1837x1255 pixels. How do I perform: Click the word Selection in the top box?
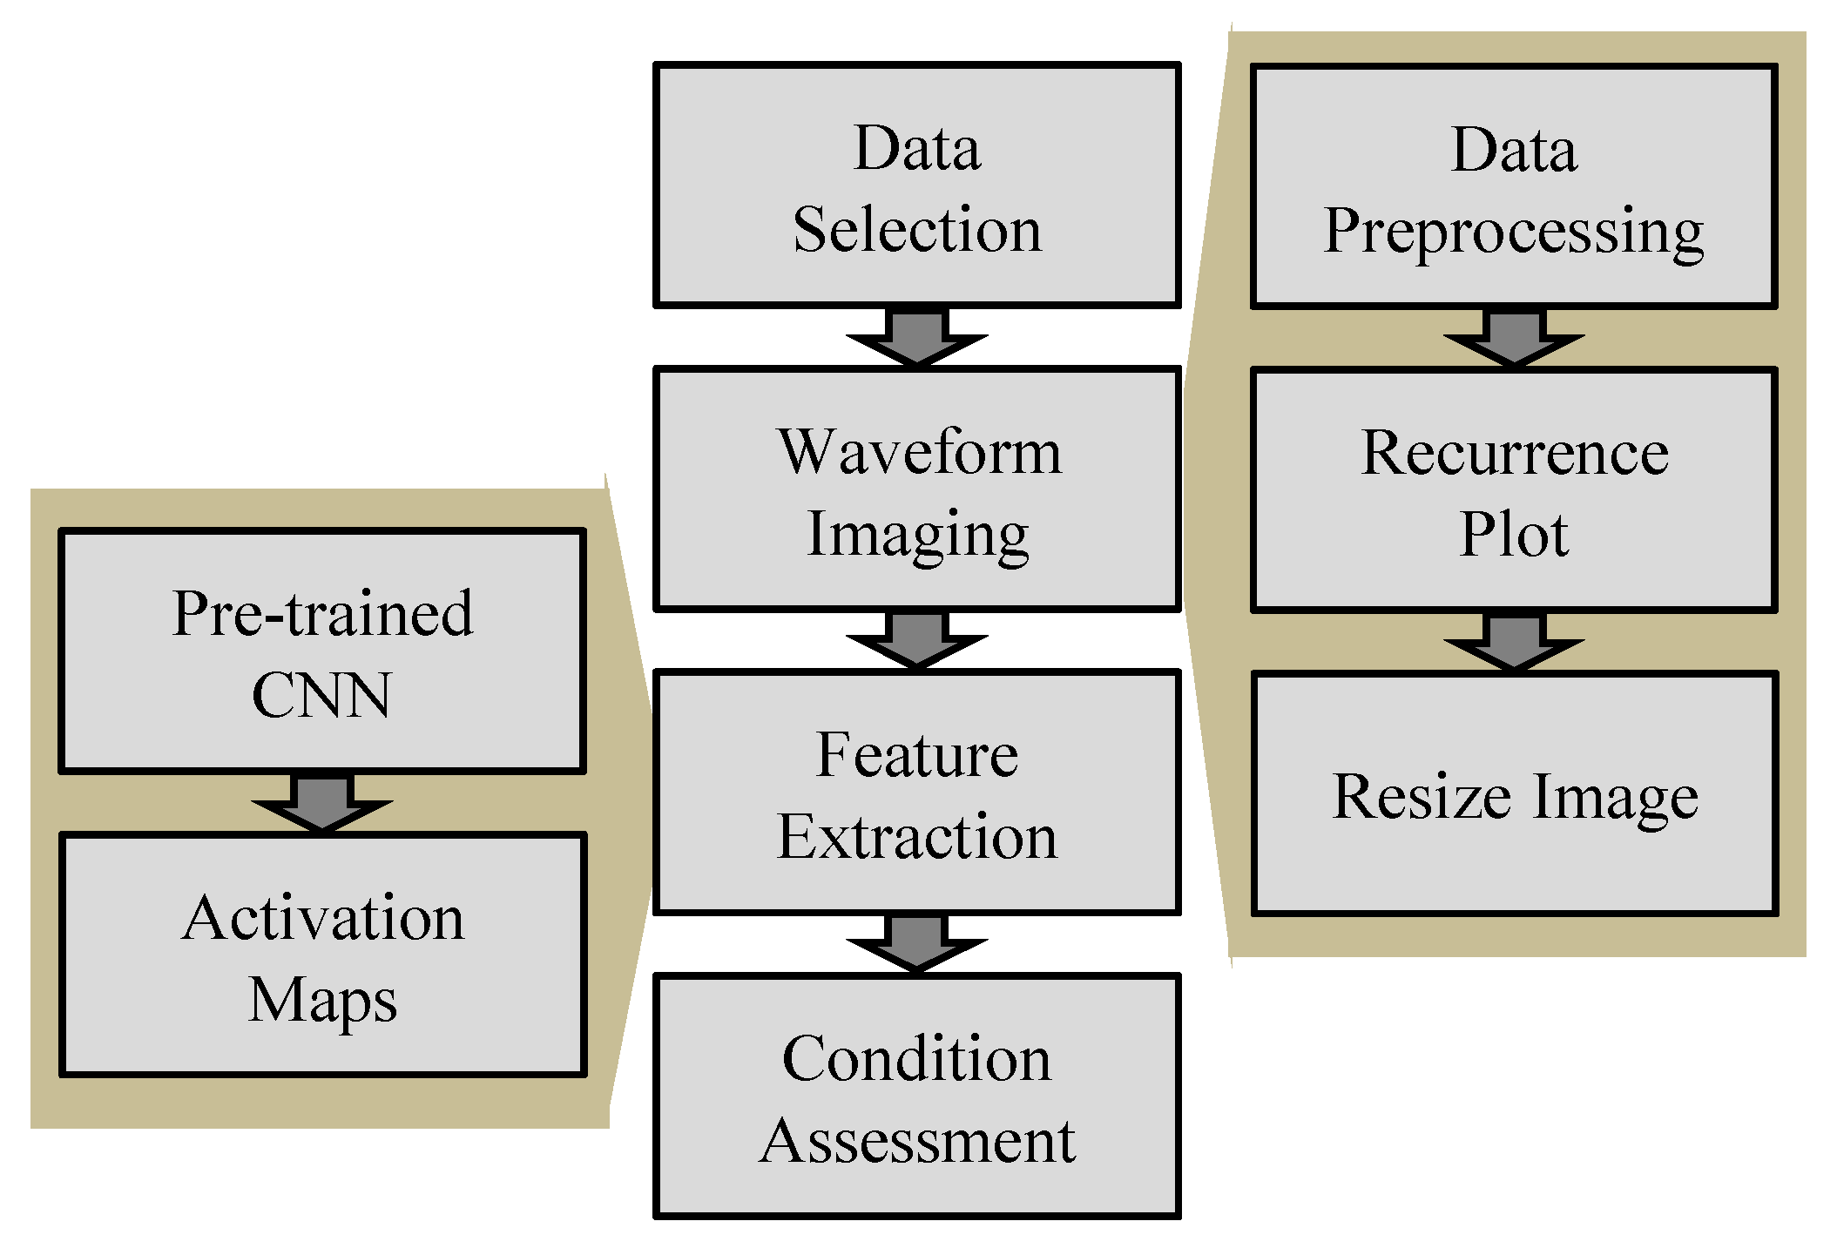click(917, 229)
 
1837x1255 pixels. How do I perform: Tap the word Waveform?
click(919, 451)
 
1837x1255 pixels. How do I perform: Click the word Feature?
click(917, 754)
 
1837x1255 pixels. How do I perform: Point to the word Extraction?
click(917, 836)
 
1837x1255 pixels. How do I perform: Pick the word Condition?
click(917, 1058)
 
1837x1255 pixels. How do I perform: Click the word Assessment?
click(917, 1140)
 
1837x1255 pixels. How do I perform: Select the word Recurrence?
click(1515, 453)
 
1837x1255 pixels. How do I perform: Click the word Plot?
click(1514, 533)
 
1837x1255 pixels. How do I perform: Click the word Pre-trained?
click(323, 613)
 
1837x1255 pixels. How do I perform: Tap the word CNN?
click(322, 695)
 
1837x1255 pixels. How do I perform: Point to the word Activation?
click(323, 917)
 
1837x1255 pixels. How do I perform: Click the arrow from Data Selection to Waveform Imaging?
click(917, 337)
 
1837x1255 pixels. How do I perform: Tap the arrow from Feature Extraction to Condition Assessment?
click(917, 943)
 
